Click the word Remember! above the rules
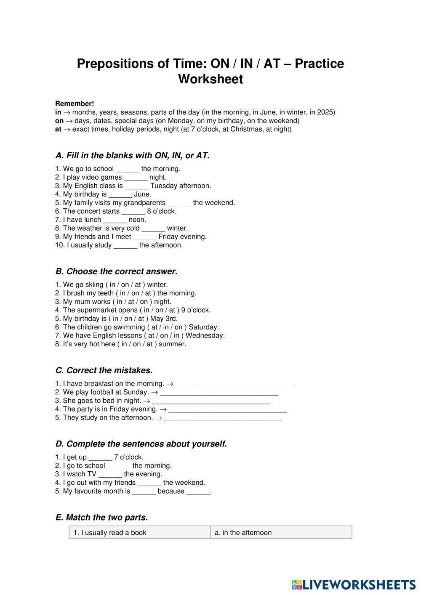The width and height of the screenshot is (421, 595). tap(75, 104)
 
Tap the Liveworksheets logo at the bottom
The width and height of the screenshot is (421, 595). tap(353, 584)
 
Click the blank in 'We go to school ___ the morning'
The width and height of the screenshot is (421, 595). tap(127, 169)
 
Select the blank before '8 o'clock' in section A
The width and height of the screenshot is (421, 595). tap(133, 212)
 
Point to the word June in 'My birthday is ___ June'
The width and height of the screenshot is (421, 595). tap(142, 194)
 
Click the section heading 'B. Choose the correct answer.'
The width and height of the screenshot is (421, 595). tap(116, 271)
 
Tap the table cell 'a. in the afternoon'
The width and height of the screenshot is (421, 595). tap(281, 533)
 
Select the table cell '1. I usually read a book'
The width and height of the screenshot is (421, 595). tap(139, 533)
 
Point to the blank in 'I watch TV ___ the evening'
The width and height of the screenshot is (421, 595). tap(110, 474)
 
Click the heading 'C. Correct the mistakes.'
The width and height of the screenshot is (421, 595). tap(104, 371)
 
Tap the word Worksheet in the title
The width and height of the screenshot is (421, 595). tap(210, 79)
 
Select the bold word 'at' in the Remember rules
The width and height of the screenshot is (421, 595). tap(58, 129)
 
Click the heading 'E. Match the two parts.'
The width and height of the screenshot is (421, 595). tap(101, 518)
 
